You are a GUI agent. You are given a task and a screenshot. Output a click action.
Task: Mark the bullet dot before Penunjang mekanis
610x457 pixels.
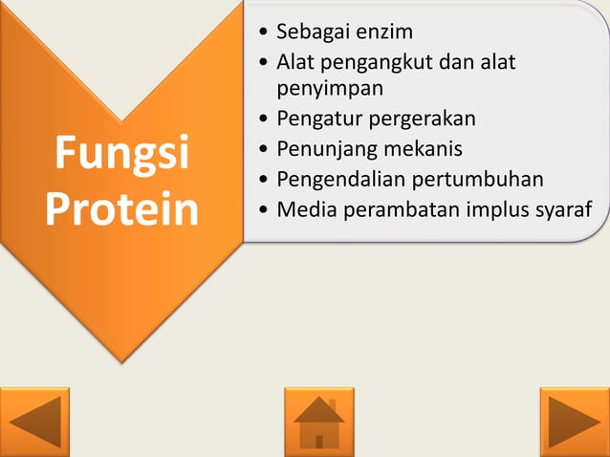click(x=263, y=150)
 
